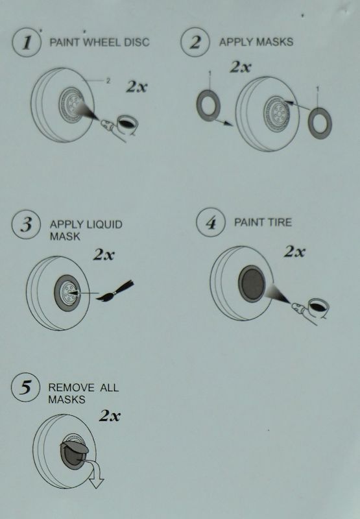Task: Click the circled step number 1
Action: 27,42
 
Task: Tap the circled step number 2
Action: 195,42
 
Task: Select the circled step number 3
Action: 26,224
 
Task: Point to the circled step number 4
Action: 211,223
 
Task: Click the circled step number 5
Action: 26,387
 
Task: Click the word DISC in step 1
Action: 137,42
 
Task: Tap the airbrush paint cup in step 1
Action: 127,124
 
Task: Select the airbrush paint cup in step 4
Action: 318,306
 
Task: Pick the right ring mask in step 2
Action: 320,123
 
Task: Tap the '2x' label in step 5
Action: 110,416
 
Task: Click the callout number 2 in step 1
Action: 108,80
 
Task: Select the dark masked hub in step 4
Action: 252,284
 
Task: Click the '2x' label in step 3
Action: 104,254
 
